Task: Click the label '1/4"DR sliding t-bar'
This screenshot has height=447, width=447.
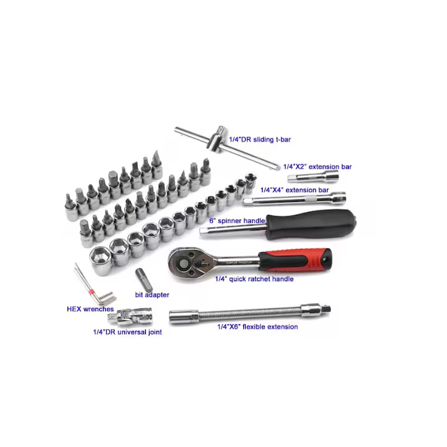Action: point(260,140)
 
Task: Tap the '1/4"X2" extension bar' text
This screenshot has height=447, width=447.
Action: point(317,166)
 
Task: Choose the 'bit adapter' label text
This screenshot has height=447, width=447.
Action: point(151,294)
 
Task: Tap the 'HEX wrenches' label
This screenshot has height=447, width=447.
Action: point(90,308)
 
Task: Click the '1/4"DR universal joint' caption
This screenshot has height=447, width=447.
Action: point(127,332)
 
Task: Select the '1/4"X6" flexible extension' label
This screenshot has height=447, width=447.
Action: point(257,327)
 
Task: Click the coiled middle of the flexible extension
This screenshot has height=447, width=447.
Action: point(248,314)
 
